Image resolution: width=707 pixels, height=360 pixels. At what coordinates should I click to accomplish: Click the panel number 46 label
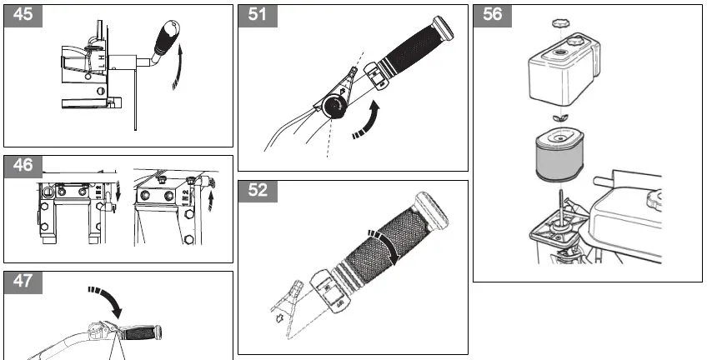pyautogui.click(x=23, y=167)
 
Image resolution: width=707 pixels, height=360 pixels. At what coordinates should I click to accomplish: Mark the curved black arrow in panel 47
pyautogui.click(x=107, y=301)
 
